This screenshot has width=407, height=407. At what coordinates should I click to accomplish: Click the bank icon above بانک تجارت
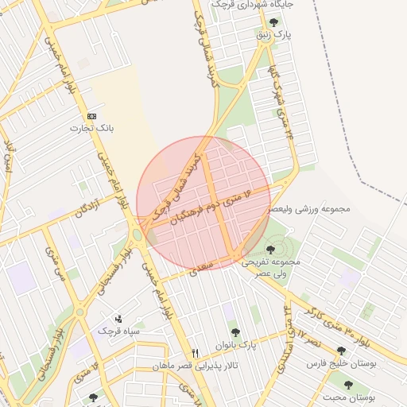tap(92, 115)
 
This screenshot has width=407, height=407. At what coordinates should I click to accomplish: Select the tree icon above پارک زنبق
tap(274, 22)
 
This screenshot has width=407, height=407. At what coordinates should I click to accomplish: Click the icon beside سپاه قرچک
tap(118, 318)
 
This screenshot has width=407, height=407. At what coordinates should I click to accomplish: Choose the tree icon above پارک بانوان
tap(235, 333)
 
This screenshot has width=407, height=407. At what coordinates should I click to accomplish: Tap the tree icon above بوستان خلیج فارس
tap(341, 351)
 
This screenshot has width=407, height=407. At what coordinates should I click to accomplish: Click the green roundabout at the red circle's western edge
tap(138, 235)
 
